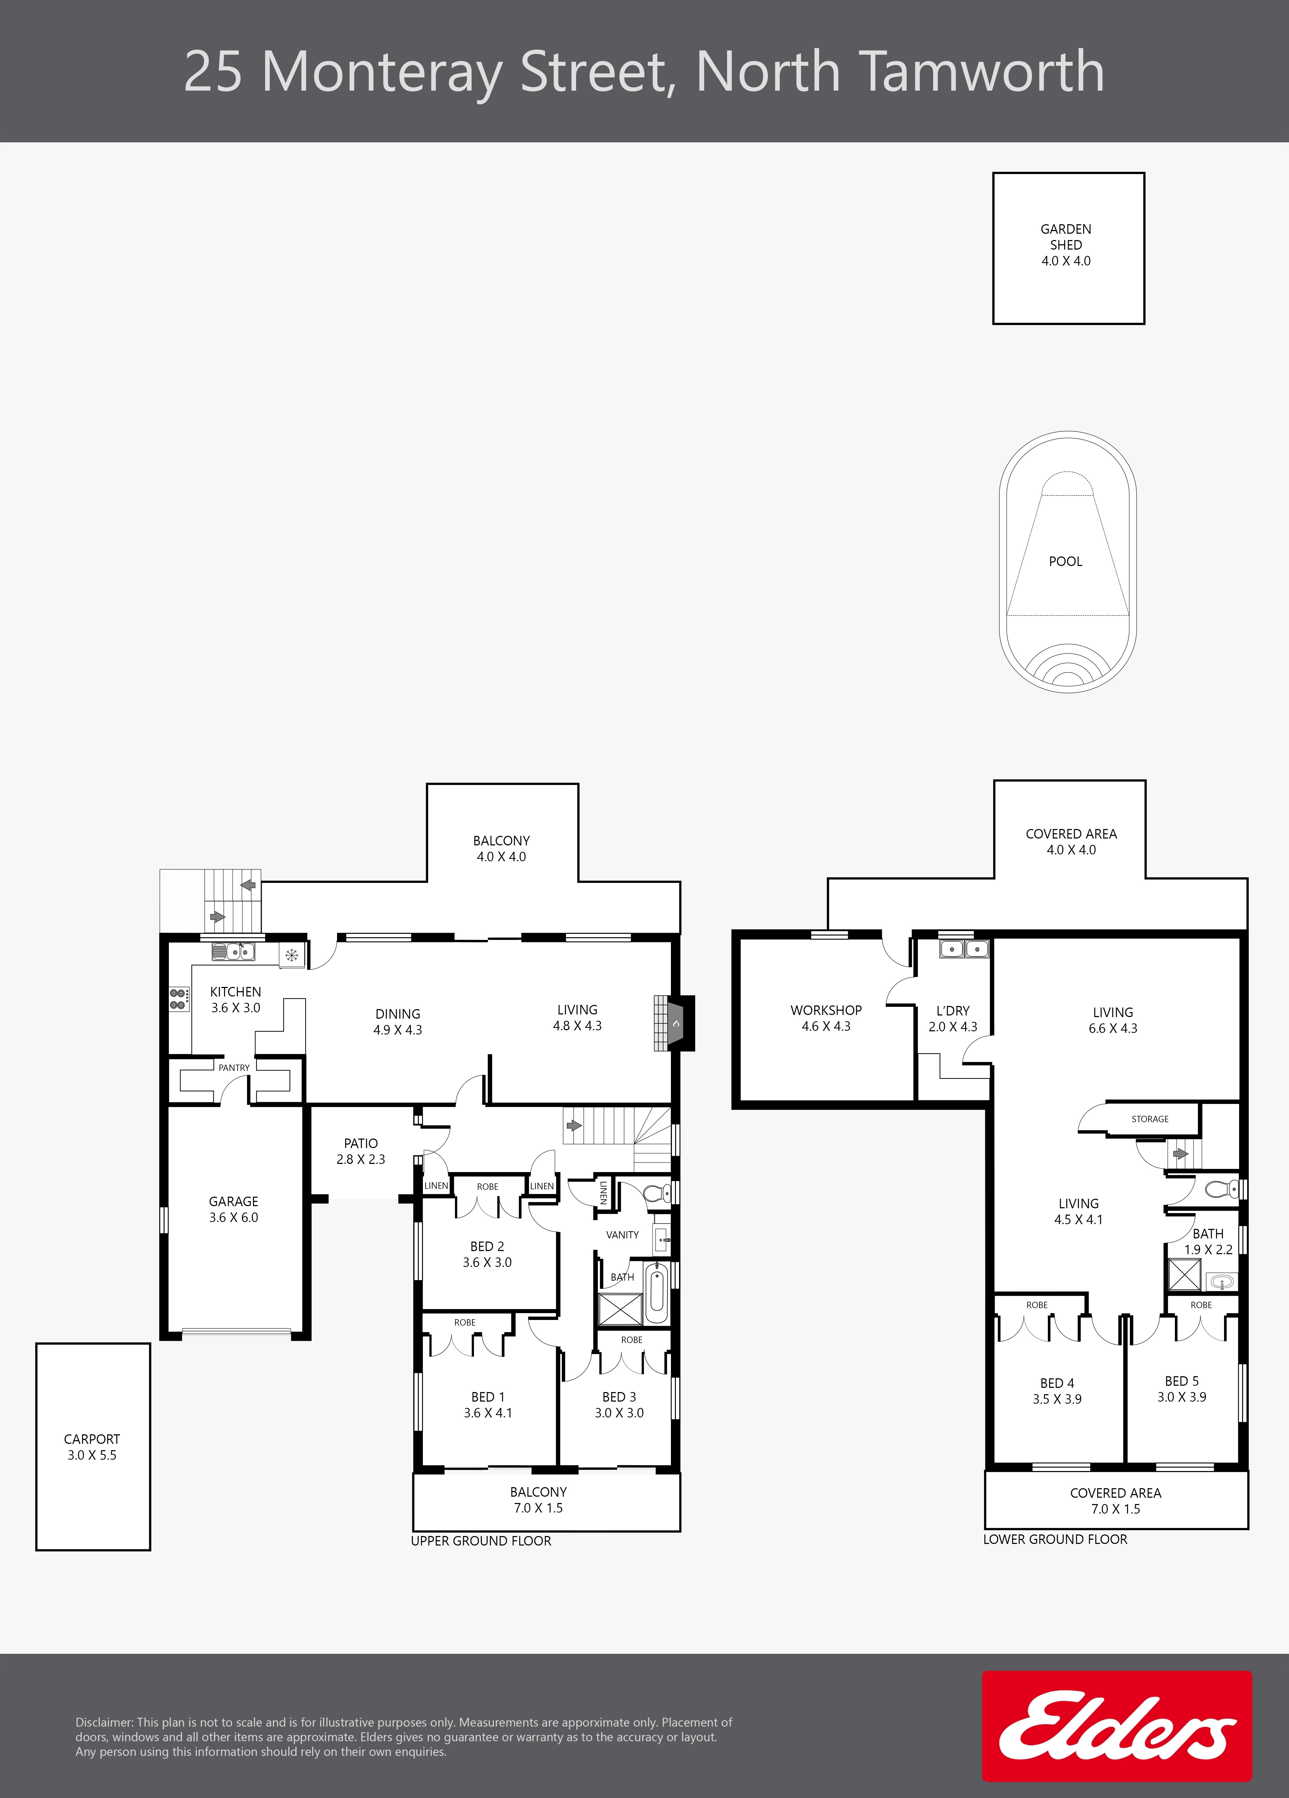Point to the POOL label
pos(1066,561)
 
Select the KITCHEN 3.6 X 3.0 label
pos(235,1000)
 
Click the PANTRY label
pos(234,1068)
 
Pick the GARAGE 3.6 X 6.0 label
pos(234,1210)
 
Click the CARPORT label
pos(92,1439)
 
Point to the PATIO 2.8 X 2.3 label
pos(361,1151)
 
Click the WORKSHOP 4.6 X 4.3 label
pos(826,1018)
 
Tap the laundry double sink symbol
pos(964,948)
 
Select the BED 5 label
pos(1182,1381)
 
